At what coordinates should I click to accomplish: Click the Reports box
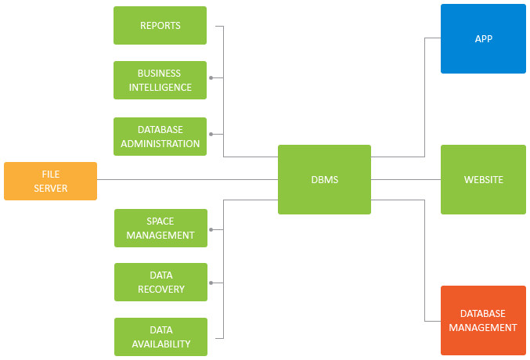coord(160,25)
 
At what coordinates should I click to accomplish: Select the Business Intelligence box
coord(160,80)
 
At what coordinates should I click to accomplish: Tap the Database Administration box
coord(160,137)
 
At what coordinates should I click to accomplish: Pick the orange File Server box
coord(50,181)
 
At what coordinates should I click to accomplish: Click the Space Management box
coord(160,228)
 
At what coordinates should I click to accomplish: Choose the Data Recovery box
coord(160,282)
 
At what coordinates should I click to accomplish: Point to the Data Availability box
coord(160,337)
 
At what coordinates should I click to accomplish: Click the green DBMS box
coord(324,179)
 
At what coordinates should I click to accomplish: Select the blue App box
coord(483,38)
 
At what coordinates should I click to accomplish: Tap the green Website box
coord(483,179)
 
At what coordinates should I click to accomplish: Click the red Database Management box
coord(483,320)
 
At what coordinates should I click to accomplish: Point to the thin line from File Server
coord(156,180)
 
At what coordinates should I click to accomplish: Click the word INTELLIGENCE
coord(160,87)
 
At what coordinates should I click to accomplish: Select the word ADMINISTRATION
coord(160,144)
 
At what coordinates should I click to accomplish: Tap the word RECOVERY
coord(161,289)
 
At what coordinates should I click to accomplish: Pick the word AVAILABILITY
coord(160,344)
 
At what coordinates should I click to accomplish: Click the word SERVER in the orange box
coord(51,189)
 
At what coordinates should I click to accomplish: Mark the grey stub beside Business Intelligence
coord(211,78)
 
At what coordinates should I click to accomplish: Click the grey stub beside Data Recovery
coord(211,283)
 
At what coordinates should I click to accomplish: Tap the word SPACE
coord(160,221)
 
